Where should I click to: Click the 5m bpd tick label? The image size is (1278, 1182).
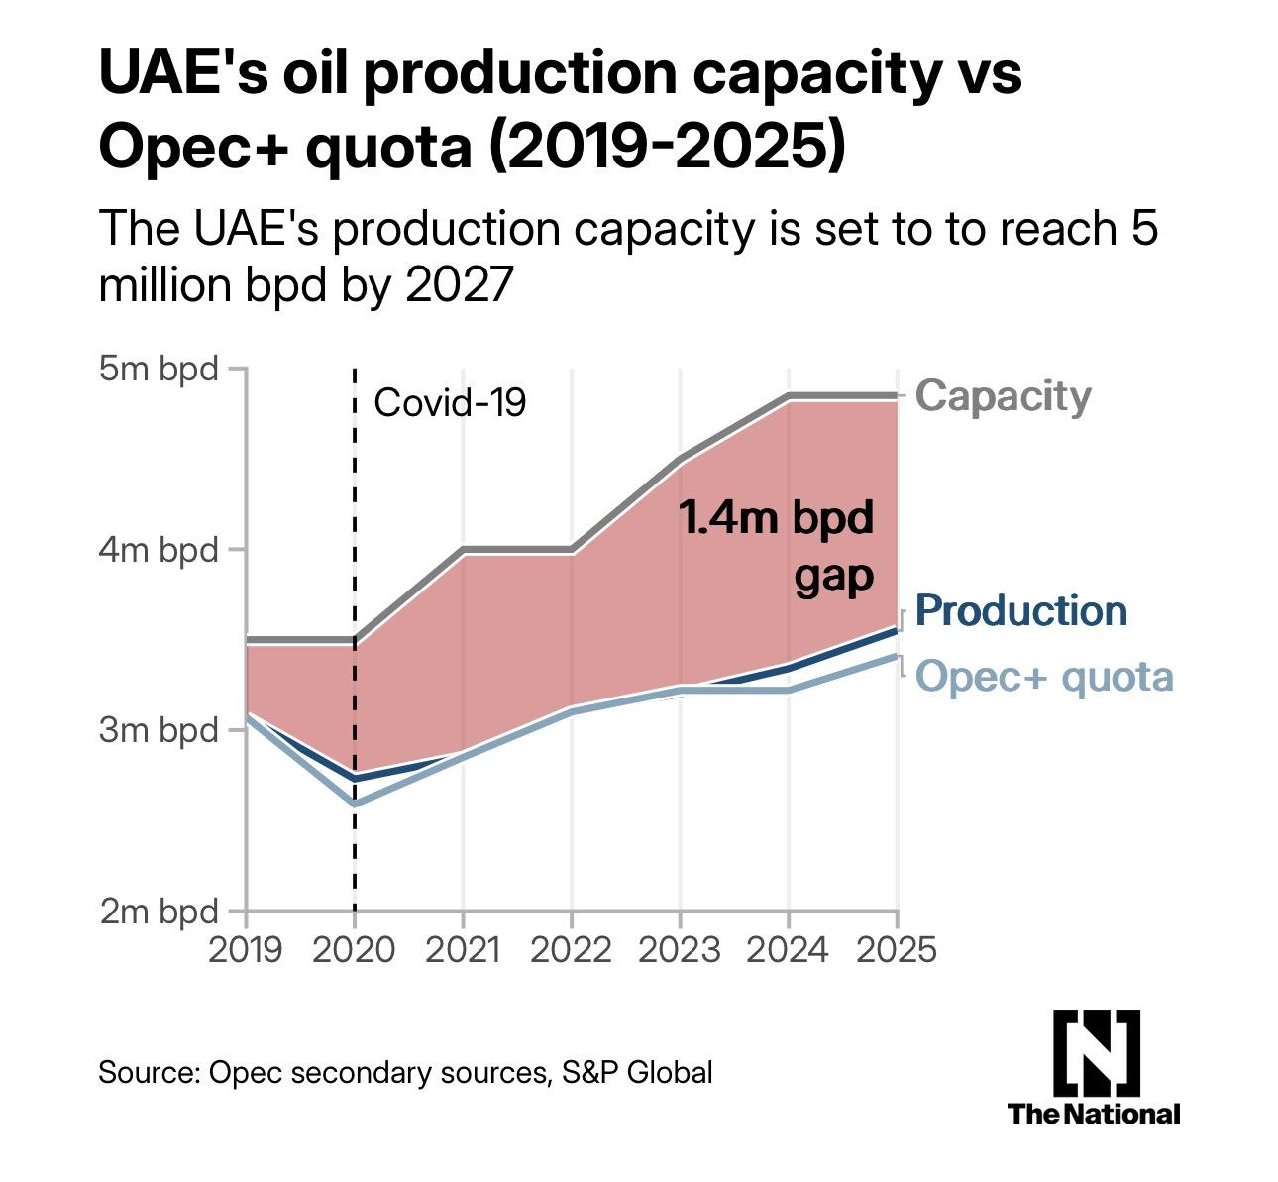click(159, 369)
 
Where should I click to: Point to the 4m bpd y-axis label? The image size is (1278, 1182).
click(159, 549)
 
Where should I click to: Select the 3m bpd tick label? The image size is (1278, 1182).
click(159, 730)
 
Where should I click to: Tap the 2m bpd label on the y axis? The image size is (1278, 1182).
click(159, 911)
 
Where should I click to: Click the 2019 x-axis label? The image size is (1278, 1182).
click(246, 949)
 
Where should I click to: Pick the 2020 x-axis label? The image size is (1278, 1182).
click(354, 949)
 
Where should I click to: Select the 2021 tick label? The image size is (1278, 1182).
click(463, 949)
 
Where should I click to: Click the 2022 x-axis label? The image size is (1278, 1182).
click(571, 949)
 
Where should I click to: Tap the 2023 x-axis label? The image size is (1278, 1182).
click(680, 949)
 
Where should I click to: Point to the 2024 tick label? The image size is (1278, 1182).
click(788, 949)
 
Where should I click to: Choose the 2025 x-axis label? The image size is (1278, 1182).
click(895, 949)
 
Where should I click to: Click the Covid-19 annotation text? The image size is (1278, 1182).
click(450, 403)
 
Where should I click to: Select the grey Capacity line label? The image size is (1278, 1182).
click(1003, 395)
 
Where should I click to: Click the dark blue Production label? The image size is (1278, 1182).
click(1021, 610)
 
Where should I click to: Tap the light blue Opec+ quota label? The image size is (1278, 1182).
click(1044, 677)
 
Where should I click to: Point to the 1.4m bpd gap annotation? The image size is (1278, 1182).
click(777, 546)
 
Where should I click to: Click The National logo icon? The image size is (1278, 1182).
click(1096, 1048)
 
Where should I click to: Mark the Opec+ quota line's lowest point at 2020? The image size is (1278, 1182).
click(355, 804)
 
